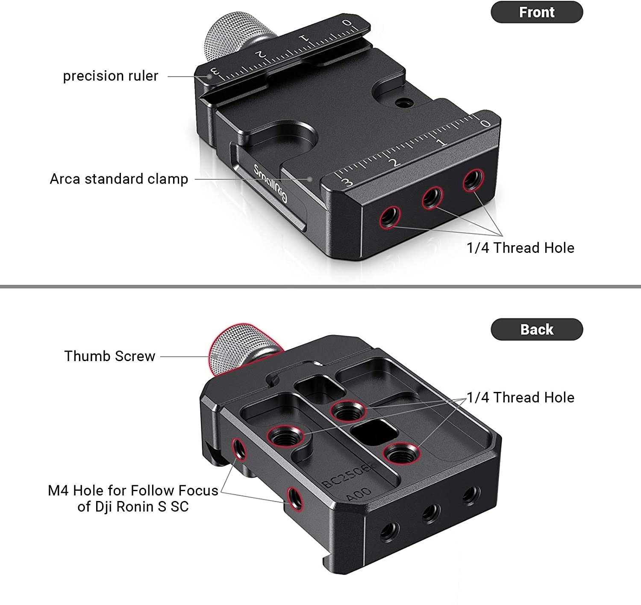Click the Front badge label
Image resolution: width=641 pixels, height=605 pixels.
click(x=536, y=12)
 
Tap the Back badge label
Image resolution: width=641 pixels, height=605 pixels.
click(x=536, y=329)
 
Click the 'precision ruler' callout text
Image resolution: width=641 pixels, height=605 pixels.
click(x=110, y=76)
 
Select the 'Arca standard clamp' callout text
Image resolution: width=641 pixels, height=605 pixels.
click(x=119, y=179)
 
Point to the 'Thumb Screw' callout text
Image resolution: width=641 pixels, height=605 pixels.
click(x=110, y=356)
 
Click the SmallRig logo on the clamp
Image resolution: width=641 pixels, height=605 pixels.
click(x=270, y=183)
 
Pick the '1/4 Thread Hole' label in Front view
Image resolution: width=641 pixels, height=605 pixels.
click(x=520, y=248)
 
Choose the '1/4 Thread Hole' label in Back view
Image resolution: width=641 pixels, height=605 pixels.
click(x=520, y=397)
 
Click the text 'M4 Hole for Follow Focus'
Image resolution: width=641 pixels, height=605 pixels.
click(x=133, y=490)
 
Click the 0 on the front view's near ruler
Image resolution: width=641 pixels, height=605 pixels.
click(x=485, y=123)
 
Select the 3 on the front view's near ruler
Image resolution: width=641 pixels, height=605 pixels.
click(x=347, y=183)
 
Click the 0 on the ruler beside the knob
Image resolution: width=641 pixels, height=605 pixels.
click(x=347, y=23)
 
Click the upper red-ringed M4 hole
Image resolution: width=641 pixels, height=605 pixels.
click(x=239, y=448)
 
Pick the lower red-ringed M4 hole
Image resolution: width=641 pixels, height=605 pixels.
click(x=295, y=498)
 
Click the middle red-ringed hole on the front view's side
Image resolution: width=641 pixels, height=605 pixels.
click(x=432, y=198)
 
